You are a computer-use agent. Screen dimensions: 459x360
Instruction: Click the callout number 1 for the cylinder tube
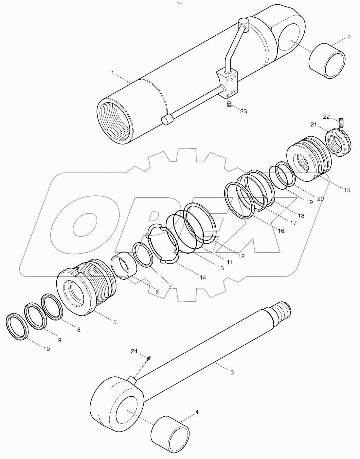coord(113,73)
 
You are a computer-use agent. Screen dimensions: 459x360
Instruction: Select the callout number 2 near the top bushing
coord(349,37)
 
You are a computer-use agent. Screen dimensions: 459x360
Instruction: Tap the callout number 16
coord(281,230)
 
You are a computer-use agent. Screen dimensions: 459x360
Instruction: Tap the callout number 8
coord(79,330)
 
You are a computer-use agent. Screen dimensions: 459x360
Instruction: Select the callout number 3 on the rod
coord(232,372)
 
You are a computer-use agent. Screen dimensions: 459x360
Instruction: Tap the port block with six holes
coord(228,84)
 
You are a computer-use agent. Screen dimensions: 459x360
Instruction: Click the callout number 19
coord(309,202)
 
